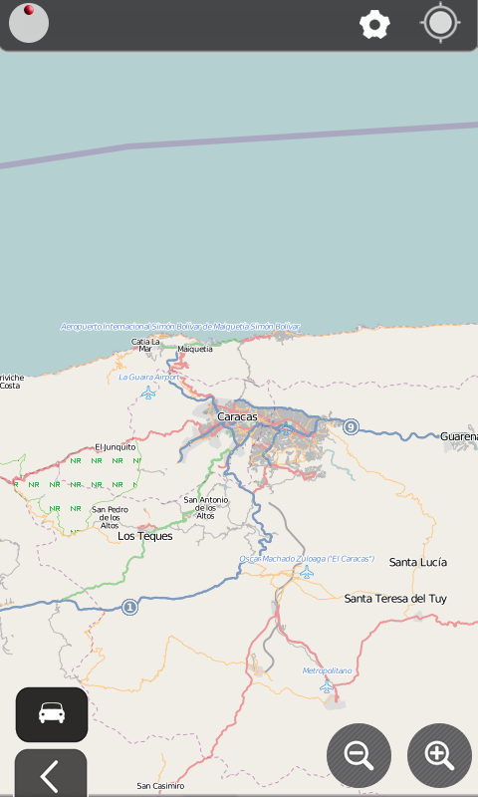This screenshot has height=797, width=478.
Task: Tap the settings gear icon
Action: (x=374, y=24)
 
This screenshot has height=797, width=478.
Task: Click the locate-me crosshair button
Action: (x=440, y=23)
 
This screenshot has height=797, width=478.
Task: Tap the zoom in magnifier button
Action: (x=439, y=754)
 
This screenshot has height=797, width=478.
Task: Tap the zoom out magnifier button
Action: (x=358, y=754)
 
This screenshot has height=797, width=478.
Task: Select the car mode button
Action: (x=52, y=713)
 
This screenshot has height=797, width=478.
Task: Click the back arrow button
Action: (x=50, y=775)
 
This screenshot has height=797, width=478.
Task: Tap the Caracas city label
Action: (x=237, y=416)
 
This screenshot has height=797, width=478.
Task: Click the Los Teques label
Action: (x=145, y=536)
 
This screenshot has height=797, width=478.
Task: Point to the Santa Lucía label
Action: (x=418, y=562)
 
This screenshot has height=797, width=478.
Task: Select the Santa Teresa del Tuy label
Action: (x=395, y=599)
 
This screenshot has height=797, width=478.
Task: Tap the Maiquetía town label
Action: (x=195, y=349)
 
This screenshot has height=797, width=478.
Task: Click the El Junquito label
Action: (x=115, y=447)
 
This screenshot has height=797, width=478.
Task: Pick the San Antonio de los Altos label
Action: (x=206, y=507)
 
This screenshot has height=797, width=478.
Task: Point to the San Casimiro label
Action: (x=160, y=786)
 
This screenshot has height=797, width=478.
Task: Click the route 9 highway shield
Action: (x=351, y=427)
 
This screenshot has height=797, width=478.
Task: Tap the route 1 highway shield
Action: (x=129, y=606)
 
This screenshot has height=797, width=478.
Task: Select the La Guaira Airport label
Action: (x=149, y=377)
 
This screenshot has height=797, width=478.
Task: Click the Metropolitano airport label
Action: (x=328, y=671)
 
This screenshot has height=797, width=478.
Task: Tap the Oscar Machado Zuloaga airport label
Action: (x=307, y=559)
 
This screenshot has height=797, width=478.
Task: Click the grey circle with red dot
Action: (x=29, y=24)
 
